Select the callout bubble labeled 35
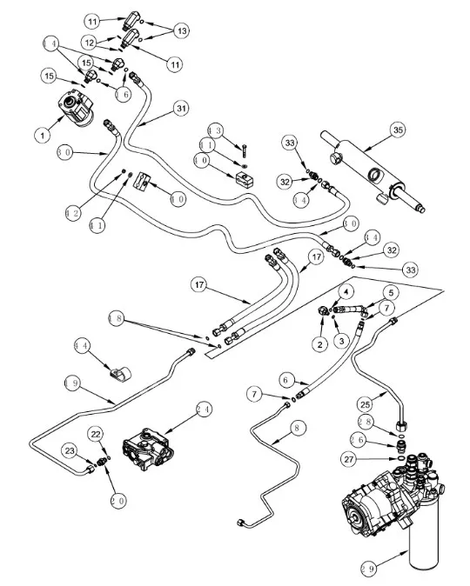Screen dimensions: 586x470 398,130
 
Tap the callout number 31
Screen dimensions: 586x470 180,108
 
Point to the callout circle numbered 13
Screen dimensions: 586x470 181,30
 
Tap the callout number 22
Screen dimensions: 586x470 97,433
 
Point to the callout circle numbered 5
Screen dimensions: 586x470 392,292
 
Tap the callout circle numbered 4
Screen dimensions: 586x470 345,291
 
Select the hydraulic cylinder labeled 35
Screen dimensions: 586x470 366,164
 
